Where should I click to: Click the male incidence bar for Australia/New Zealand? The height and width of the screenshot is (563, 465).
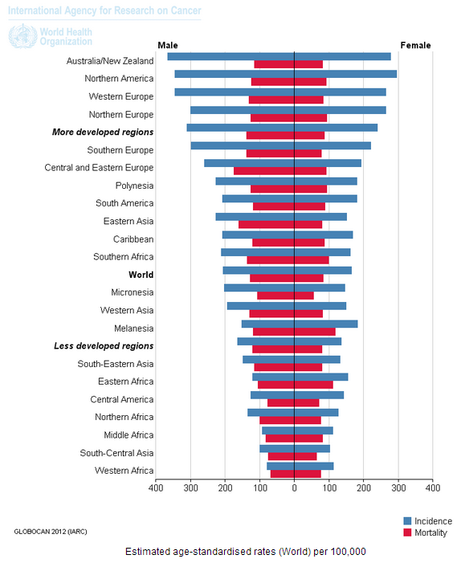(x=230, y=56)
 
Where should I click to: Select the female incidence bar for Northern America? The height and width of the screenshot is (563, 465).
(x=345, y=74)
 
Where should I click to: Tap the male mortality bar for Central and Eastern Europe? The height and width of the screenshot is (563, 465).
(x=264, y=171)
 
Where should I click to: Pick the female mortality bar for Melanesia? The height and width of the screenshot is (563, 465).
(x=315, y=332)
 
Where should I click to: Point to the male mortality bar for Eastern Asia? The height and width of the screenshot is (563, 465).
(x=267, y=224)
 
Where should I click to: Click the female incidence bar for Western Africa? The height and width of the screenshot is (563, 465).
(x=314, y=466)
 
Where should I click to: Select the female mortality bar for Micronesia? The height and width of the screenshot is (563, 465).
(x=304, y=296)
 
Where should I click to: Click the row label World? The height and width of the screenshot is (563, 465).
(x=141, y=275)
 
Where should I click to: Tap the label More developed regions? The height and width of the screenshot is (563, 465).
(x=103, y=133)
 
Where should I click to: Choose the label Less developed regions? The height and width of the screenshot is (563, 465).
(x=104, y=346)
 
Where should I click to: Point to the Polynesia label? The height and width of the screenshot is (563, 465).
(x=134, y=186)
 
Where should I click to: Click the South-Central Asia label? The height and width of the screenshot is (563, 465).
(x=116, y=453)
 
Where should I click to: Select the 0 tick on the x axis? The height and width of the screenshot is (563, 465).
(x=295, y=488)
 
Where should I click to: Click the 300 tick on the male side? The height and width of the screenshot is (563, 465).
(x=190, y=488)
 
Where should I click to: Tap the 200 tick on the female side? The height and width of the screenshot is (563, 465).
(x=364, y=488)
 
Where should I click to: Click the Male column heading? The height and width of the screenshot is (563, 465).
(x=168, y=45)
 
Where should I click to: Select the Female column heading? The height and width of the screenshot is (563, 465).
(x=415, y=45)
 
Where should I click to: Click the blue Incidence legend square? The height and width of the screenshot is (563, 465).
(x=407, y=521)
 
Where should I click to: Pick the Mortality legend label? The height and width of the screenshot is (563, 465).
(x=431, y=532)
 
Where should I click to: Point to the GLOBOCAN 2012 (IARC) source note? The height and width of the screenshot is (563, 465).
(x=51, y=532)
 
